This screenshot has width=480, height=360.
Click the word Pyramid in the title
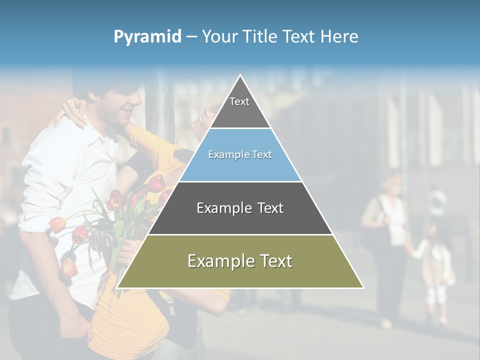click(147, 37)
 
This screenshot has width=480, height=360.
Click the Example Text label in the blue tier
click(240, 154)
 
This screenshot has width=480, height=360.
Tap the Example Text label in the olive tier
click(240, 261)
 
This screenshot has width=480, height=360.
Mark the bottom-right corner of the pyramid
click(363, 287)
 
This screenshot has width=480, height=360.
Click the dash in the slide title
click(191, 37)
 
